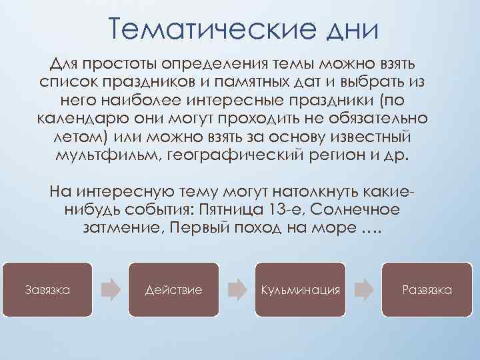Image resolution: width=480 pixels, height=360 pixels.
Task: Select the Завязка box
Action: click(48, 289)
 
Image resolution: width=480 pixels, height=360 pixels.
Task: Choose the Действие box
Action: click(174, 289)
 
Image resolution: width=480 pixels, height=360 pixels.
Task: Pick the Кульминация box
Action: click(301, 289)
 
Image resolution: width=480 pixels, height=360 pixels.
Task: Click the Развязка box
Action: click(427, 289)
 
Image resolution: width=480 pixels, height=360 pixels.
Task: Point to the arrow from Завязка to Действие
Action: click(111, 289)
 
